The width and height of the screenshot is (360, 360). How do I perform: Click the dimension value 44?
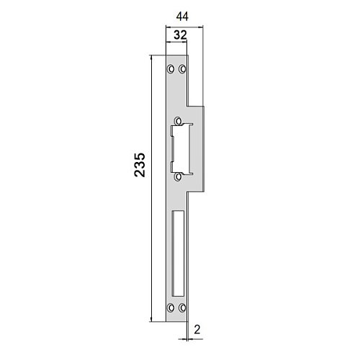[x=182, y=17]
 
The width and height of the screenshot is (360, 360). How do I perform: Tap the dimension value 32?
[x=180, y=35]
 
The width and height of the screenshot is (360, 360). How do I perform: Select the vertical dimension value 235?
[x=140, y=165]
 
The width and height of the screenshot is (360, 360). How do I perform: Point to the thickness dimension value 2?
[x=197, y=330]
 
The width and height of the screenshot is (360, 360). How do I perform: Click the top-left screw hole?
[x=171, y=69]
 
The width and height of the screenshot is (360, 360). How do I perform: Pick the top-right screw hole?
[x=182, y=69]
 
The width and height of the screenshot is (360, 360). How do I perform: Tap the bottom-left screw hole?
[x=171, y=307]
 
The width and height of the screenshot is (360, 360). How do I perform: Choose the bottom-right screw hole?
[x=182, y=307]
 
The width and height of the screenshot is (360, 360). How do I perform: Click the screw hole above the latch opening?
[x=178, y=121]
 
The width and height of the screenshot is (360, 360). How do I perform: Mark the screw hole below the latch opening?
[x=178, y=176]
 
